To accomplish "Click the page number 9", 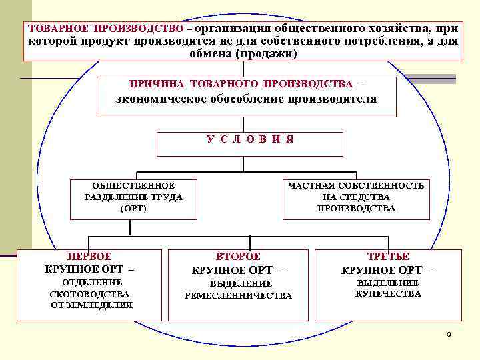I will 449,333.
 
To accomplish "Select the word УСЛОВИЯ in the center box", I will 250,139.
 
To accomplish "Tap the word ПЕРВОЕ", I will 90,256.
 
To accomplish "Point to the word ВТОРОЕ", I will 239,256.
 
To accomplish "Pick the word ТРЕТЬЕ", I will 388,256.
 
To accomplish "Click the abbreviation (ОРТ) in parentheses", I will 133,208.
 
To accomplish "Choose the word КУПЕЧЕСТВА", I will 388,293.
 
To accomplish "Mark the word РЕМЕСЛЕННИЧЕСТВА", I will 238,295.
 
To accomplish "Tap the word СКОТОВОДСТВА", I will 90,294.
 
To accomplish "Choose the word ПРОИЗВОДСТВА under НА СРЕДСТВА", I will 356,208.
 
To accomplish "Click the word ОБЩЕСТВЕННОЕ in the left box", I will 133,185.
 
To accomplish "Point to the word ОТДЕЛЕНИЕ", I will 90,283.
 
